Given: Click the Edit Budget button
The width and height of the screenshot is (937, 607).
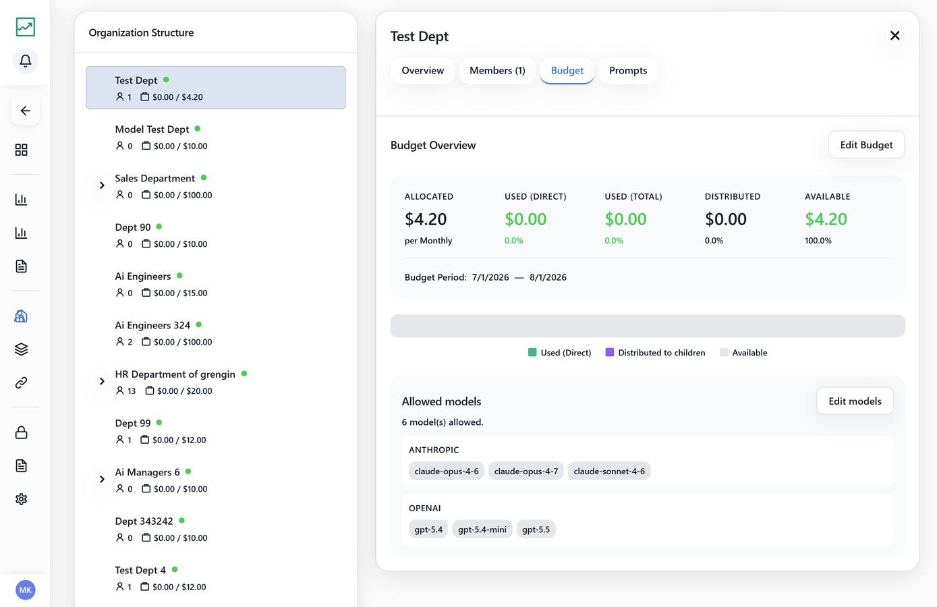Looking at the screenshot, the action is click(866, 145).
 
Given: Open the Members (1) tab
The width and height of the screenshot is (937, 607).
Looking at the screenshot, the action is click(497, 70).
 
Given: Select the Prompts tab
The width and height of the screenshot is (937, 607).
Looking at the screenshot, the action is click(628, 70).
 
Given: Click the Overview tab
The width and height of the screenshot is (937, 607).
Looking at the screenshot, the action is click(422, 70).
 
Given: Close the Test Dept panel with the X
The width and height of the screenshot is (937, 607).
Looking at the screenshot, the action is click(895, 36).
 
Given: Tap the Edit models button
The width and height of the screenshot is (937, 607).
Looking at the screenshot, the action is click(855, 401).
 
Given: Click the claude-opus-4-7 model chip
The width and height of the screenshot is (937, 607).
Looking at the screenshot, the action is click(526, 471).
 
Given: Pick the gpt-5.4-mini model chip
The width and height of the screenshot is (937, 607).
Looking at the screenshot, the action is click(482, 529).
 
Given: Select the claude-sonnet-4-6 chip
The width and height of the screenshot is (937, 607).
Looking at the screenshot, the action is click(609, 471).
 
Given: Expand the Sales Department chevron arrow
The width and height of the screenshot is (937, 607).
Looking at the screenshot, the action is click(102, 185).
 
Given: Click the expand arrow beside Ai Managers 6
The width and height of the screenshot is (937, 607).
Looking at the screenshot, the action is click(102, 479).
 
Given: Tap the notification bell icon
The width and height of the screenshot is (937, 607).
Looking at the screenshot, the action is click(26, 61).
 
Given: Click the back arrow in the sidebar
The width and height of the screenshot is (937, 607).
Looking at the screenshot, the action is click(26, 111).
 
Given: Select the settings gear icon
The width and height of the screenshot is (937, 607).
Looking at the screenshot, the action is click(22, 499).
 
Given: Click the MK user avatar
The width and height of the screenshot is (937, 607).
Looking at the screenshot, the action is click(26, 590).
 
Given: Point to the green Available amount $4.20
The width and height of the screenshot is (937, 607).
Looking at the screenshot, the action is click(826, 219).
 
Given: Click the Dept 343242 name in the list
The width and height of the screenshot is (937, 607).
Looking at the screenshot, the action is click(144, 521).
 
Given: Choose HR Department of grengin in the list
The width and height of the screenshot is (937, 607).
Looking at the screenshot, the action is click(175, 374).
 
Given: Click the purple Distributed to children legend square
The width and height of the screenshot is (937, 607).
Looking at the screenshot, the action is click(609, 352).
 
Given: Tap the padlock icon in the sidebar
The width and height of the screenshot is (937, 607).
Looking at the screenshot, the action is click(22, 432).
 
